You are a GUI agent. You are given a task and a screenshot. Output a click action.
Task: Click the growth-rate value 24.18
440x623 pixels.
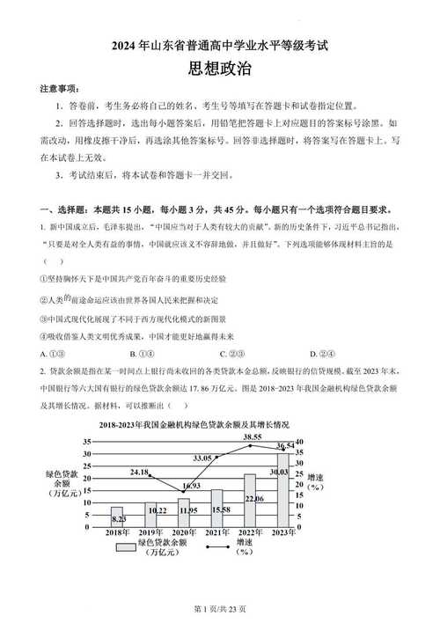tap(139, 473)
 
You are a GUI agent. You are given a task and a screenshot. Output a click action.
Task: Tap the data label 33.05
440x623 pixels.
tap(202, 458)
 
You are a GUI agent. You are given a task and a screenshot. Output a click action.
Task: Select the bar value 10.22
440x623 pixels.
tap(158, 510)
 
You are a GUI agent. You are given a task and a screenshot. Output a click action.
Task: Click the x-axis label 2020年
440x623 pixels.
tap(184, 533)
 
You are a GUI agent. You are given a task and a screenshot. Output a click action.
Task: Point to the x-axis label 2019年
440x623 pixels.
tap(150, 533)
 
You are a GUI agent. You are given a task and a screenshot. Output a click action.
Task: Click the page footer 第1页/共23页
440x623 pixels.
tap(219, 609)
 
